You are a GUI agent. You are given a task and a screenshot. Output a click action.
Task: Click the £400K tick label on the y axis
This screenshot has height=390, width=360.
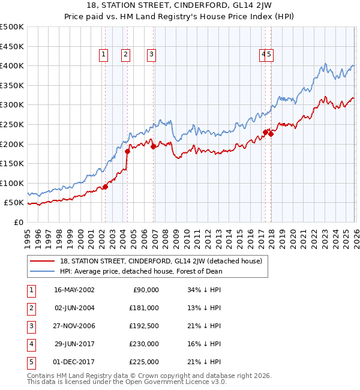point(12,65)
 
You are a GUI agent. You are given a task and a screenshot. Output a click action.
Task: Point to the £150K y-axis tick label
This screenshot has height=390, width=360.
point(12,163)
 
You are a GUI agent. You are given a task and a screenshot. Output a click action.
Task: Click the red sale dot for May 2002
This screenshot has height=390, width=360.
point(105,187)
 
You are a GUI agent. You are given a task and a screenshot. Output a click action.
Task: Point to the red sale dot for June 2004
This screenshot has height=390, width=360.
point(127,151)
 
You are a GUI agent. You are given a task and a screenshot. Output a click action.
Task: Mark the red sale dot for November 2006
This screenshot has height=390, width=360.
point(154,146)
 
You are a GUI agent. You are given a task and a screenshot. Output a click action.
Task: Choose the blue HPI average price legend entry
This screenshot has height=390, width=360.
point(141,271)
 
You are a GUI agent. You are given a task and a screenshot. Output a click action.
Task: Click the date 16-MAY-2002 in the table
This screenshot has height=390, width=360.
point(74,290)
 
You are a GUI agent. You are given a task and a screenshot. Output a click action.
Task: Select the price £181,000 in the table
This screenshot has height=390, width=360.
point(144,308)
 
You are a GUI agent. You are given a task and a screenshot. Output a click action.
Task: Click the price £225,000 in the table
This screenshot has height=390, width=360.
point(144,362)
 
